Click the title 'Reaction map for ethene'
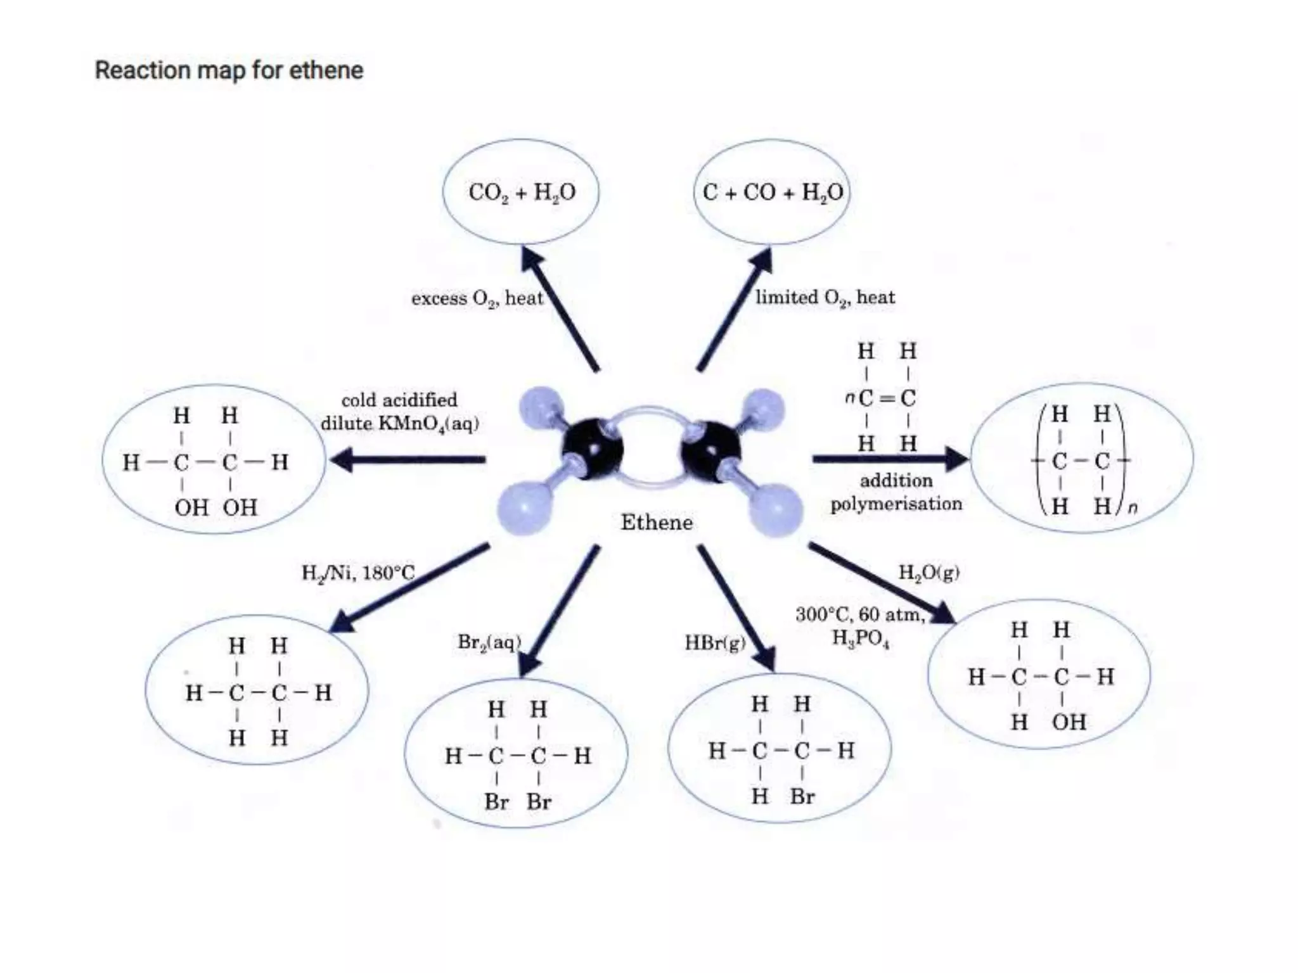229,70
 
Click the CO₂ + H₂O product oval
521,191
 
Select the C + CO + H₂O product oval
772,191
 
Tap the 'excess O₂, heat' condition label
477,298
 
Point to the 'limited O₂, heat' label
825,297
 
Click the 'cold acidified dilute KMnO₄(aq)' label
399,412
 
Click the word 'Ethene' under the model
656,523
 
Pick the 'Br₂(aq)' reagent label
489,642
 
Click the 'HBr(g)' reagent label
714,644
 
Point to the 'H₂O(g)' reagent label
929,573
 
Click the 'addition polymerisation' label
896,492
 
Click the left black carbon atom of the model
593,448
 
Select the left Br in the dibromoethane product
496,802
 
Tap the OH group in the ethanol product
1069,722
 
